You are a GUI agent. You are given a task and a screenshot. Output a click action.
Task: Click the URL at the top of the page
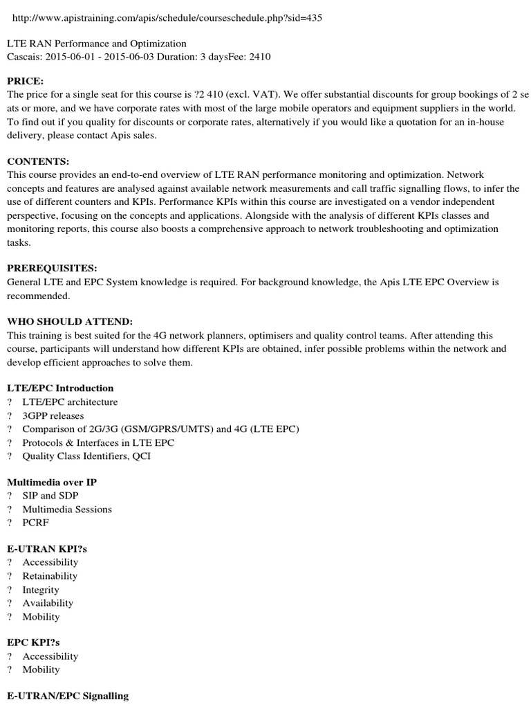[165, 18]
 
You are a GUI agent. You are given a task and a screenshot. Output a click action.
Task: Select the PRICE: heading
[25, 81]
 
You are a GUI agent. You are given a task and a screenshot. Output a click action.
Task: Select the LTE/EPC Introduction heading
[60, 388]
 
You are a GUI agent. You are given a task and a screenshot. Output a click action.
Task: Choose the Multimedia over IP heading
[51, 482]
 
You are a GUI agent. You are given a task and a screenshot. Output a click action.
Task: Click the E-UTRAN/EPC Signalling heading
[67, 696]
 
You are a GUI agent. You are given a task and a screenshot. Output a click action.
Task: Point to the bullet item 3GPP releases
[53, 415]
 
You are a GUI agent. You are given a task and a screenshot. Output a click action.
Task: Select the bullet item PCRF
[36, 523]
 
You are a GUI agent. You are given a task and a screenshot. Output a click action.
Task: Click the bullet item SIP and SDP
[50, 496]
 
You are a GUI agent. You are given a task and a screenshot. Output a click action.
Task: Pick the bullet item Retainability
[50, 576]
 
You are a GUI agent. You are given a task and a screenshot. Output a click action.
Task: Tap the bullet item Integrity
[41, 590]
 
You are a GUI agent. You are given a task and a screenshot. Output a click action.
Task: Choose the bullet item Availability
[48, 603]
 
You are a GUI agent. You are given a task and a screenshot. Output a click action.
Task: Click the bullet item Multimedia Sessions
[67, 510]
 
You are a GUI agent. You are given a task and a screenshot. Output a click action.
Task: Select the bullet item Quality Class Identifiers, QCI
[86, 456]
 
